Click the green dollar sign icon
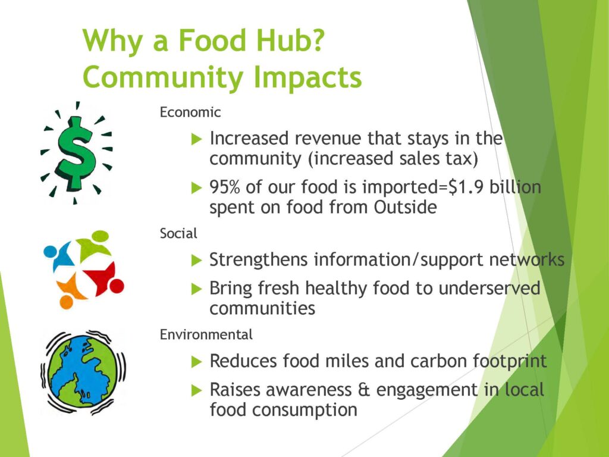click(76, 153)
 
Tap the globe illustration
click(83, 373)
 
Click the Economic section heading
click(190, 112)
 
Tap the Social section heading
click(178, 233)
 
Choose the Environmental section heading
click(206, 334)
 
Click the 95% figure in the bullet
click(224, 187)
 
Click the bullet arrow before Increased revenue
click(197, 139)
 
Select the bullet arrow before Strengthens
click(197, 260)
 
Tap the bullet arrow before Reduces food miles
click(197, 361)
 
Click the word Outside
click(405, 206)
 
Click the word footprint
click(510, 361)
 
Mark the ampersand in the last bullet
click(363, 390)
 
